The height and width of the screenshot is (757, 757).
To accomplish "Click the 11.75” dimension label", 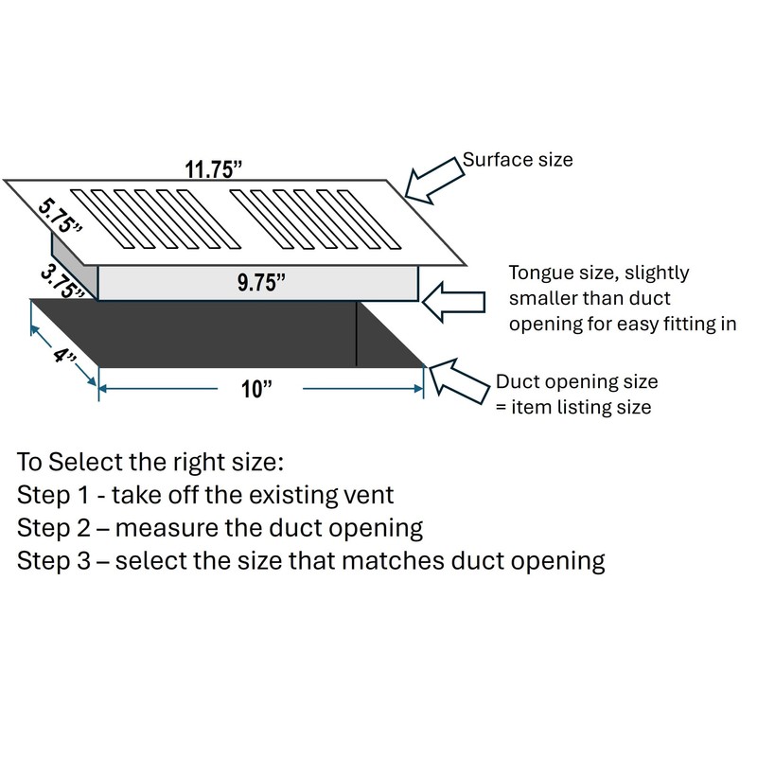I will [x=214, y=169].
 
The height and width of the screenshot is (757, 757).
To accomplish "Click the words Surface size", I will [x=518, y=160].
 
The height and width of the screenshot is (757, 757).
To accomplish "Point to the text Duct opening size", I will [x=577, y=383].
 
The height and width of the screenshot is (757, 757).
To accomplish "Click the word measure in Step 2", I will [x=183, y=527].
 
